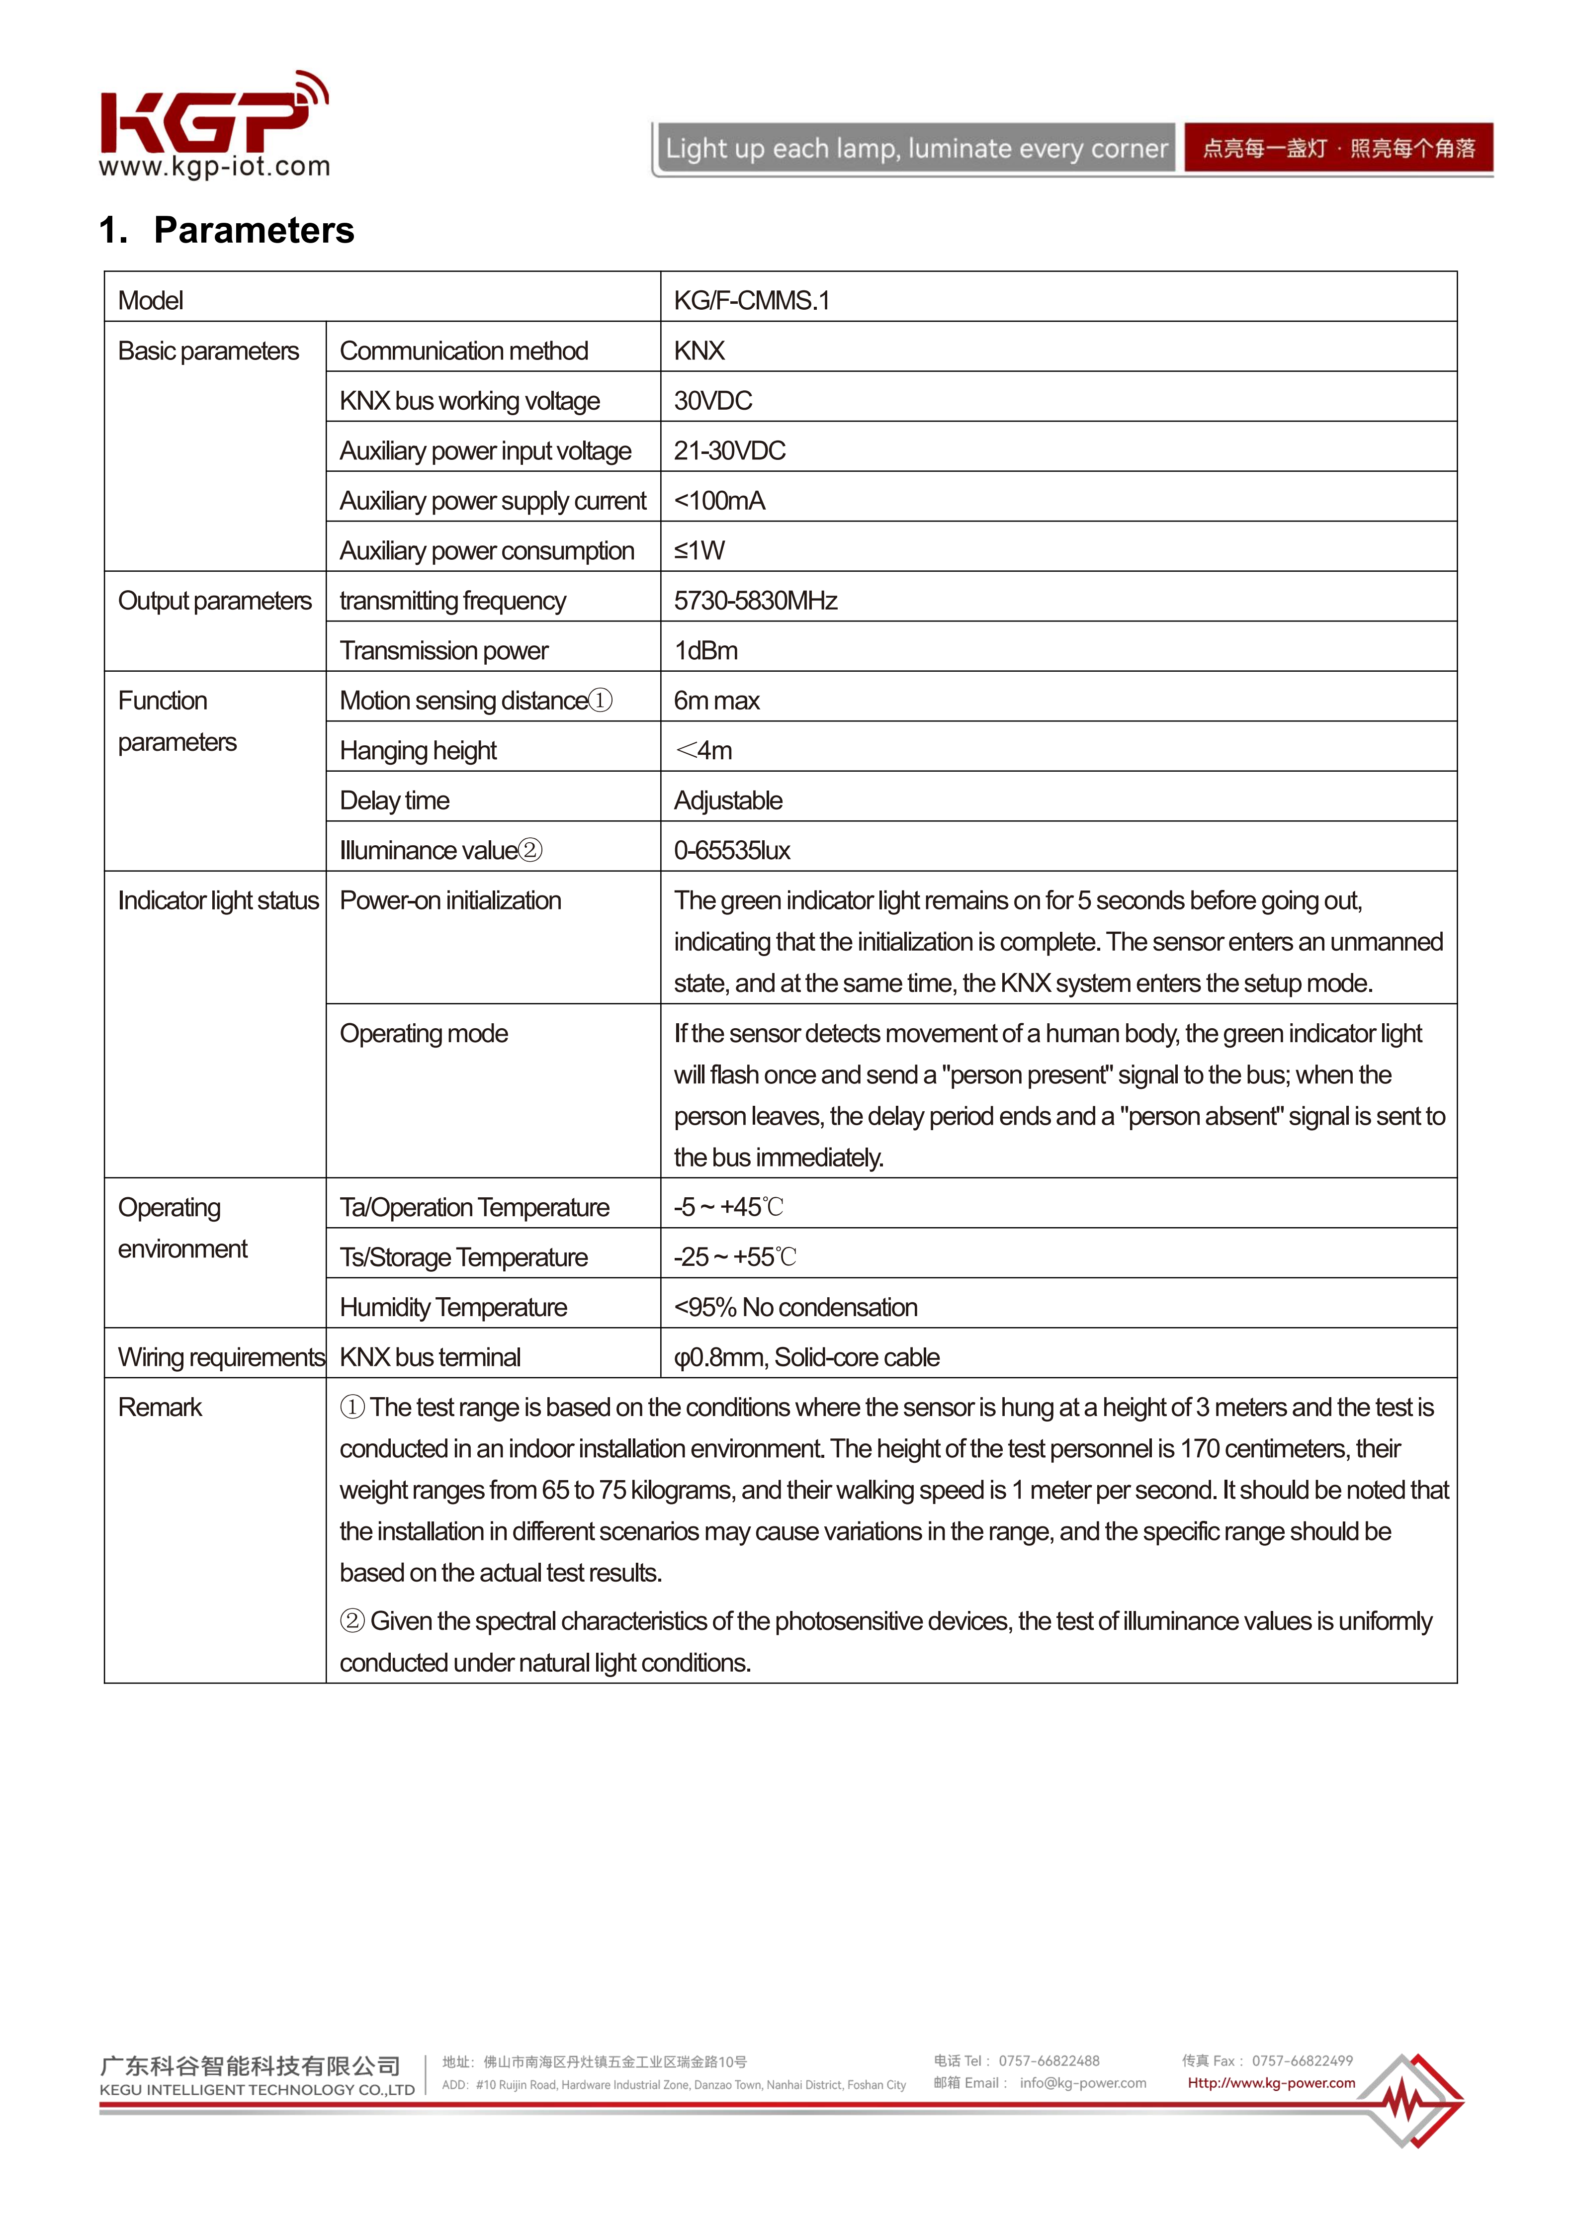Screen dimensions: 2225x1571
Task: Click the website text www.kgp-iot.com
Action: click(214, 167)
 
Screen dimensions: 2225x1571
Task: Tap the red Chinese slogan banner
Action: click(1337, 148)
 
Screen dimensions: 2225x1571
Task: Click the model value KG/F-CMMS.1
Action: click(751, 300)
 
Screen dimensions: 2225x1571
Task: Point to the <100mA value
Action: click(719, 500)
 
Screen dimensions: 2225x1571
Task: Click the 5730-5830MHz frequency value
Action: click(755, 601)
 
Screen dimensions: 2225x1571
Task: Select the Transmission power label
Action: click(444, 650)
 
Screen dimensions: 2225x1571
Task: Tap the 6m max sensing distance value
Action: click(716, 701)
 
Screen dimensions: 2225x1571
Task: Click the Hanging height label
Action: click(418, 750)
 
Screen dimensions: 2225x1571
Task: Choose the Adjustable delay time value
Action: click(728, 801)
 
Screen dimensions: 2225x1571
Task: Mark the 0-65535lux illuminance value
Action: click(732, 850)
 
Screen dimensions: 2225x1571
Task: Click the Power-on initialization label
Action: click(450, 900)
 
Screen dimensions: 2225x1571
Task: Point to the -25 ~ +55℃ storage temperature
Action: click(735, 1257)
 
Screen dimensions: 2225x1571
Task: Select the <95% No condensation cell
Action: click(795, 1307)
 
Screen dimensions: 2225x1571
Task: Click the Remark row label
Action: click(160, 1407)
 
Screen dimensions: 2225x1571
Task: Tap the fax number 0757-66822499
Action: click(1302, 2060)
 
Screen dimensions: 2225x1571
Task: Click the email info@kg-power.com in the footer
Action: click(1082, 2082)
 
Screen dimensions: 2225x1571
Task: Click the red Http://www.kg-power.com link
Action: click(1271, 2082)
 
